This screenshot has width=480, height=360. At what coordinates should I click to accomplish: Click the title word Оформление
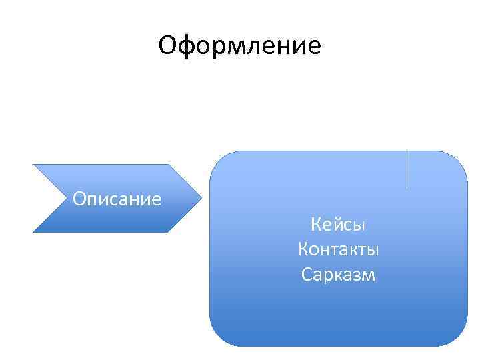(x=240, y=46)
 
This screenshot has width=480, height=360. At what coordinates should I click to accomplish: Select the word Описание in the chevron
(x=117, y=199)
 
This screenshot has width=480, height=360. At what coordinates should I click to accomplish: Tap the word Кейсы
(x=338, y=225)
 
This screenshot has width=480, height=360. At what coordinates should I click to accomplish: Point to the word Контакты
(x=338, y=249)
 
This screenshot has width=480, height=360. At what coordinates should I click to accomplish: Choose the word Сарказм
(x=338, y=274)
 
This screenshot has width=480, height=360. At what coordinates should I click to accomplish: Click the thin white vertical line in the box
(x=407, y=169)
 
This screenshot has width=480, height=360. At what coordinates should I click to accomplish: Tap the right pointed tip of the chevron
(x=201, y=198)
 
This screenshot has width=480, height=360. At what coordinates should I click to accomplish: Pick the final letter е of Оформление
(x=314, y=47)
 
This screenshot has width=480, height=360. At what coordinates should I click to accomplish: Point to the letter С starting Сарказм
(x=306, y=274)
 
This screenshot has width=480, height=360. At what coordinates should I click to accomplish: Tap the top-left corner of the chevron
(x=34, y=165)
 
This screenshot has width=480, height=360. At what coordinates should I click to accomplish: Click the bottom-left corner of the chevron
(x=34, y=231)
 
